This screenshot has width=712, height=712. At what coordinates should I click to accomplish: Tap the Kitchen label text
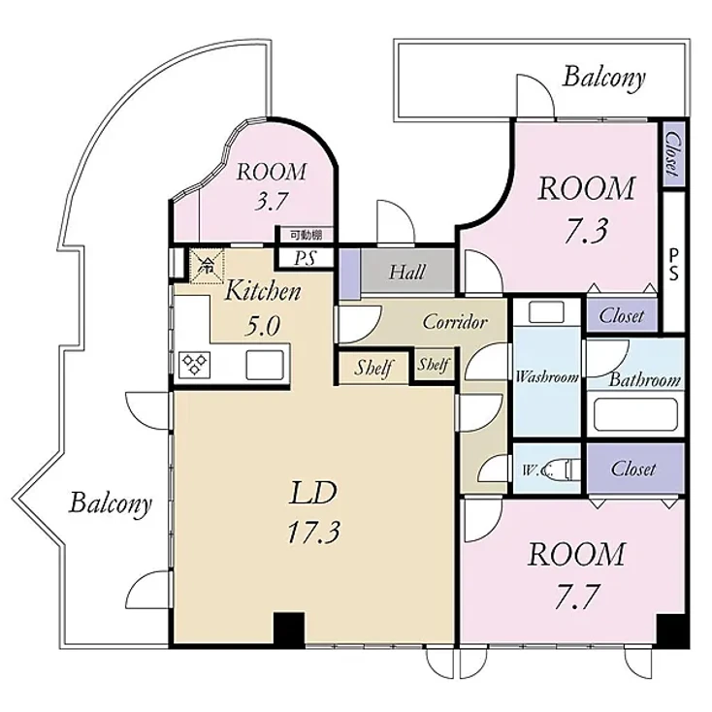pyautogui.click(x=263, y=290)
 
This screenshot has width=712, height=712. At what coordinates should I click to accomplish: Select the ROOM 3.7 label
pyautogui.click(x=272, y=187)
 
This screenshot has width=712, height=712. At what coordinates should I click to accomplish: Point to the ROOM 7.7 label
pyautogui.click(x=575, y=573)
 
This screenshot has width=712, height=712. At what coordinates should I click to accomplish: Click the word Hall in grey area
pyautogui.click(x=406, y=273)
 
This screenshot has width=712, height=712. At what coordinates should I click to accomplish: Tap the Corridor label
pyautogui.click(x=454, y=322)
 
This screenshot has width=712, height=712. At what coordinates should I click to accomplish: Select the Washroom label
pyautogui.click(x=546, y=376)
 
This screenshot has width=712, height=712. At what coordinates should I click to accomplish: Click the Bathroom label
pyautogui.click(x=644, y=380)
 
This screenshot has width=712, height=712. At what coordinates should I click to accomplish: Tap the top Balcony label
pyautogui.click(x=603, y=78)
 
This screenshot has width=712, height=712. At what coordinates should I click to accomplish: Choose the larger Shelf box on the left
pyautogui.click(x=372, y=368)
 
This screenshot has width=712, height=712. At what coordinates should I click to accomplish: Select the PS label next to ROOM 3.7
pyautogui.click(x=304, y=257)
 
